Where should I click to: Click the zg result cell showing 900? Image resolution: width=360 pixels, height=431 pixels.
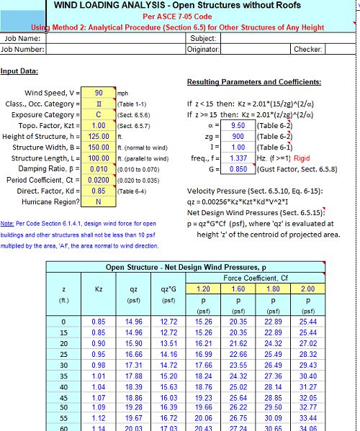point(238,136)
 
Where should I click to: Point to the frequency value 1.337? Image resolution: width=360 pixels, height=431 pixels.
point(238,158)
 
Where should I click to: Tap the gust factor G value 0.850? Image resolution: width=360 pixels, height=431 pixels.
point(238,169)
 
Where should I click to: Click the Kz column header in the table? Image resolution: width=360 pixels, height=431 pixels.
point(99,289)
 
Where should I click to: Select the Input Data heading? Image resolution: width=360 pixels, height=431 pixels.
point(19,71)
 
